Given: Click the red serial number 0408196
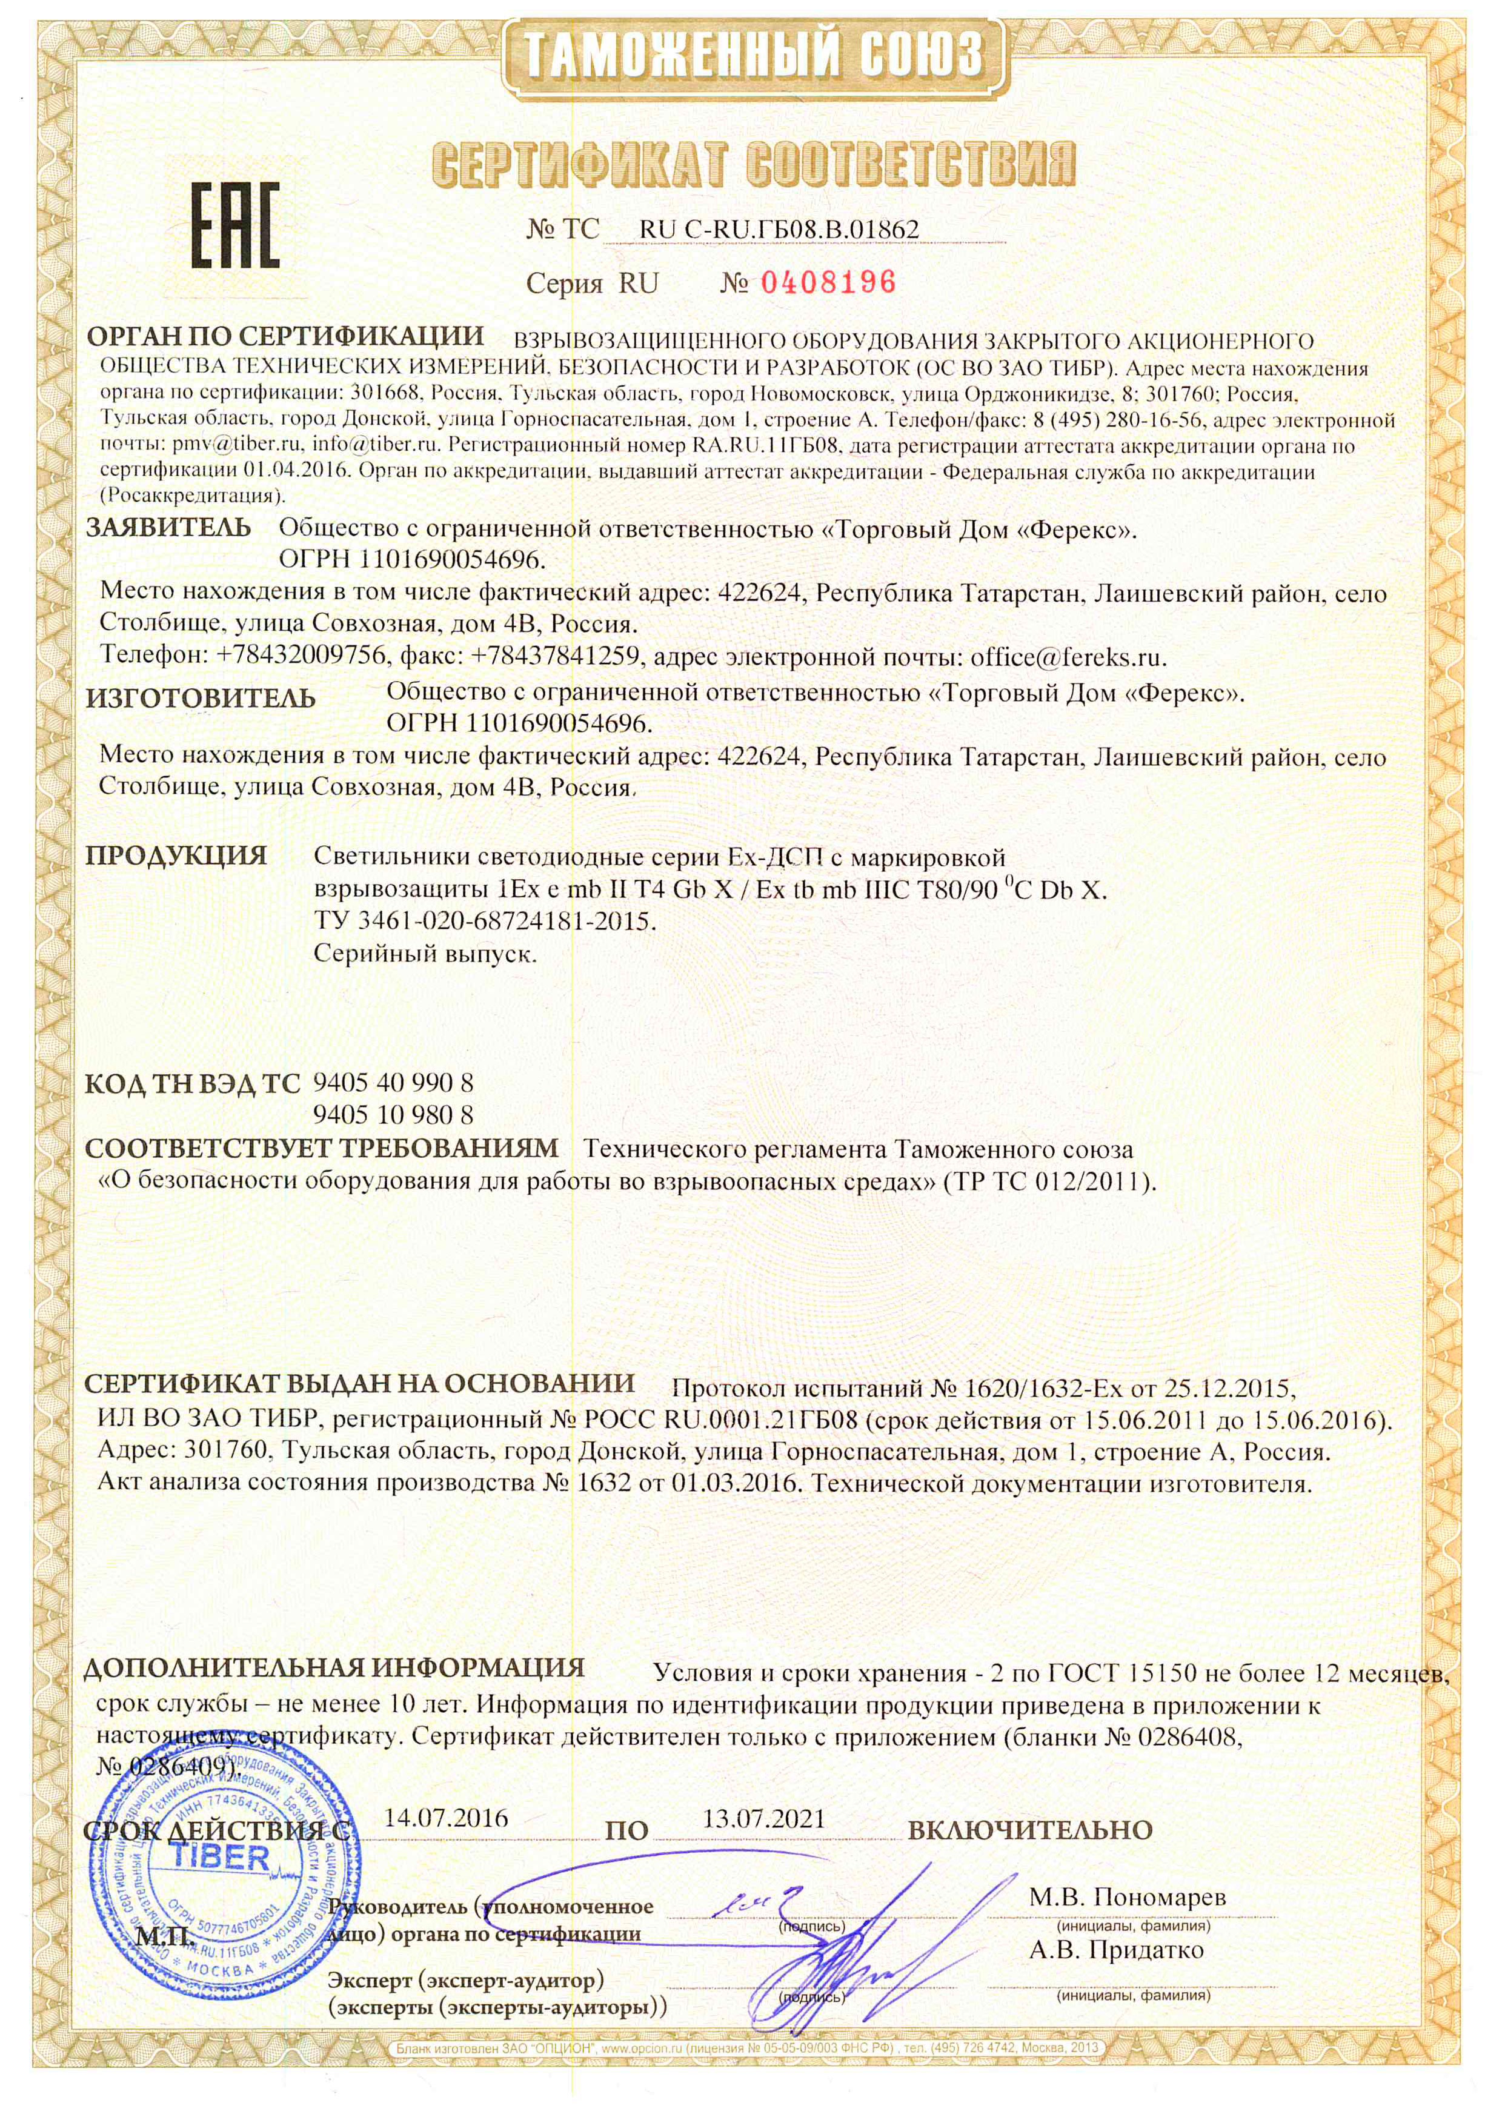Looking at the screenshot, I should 828,282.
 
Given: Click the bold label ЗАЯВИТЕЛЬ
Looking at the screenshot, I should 168,528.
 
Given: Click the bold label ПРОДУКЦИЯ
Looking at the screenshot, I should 176,856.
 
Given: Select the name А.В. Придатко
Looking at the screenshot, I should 1116,1950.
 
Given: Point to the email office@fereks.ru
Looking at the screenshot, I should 1068,657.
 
